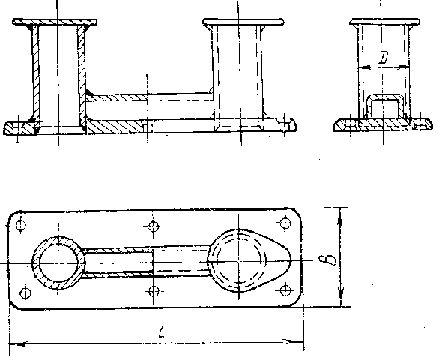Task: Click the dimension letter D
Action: [x=384, y=58]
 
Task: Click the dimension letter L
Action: [x=161, y=331]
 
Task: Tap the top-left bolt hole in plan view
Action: [x=21, y=226]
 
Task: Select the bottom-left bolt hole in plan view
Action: [x=25, y=293]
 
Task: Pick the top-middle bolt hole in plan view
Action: [x=154, y=226]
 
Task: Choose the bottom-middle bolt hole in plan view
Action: [x=154, y=291]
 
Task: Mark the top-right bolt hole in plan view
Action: [x=285, y=223]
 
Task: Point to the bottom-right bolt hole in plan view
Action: [x=285, y=289]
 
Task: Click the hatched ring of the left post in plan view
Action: [x=35, y=263]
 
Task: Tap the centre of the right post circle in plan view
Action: [x=239, y=261]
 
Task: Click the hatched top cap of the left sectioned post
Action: [x=55, y=22]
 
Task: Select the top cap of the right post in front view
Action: [x=243, y=22]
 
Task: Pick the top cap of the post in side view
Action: [x=385, y=22]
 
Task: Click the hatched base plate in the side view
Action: [x=383, y=124]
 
